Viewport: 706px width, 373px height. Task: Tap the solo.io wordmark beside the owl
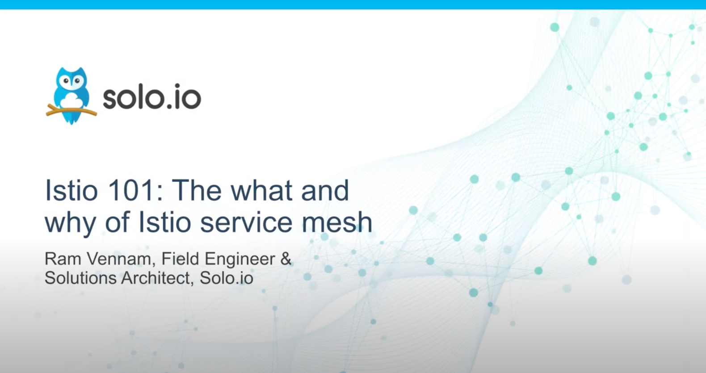pyautogui.click(x=152, y=96)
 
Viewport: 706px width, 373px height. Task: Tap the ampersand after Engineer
pyautogui.click(x=286, y=259)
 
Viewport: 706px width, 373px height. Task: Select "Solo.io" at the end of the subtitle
pyautogui.click(x=226, y=278)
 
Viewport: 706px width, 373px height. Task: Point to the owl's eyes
pyautogui.click(x=71, y=81)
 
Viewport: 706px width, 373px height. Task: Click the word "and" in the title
pyautogui.click(x=325, y=190)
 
